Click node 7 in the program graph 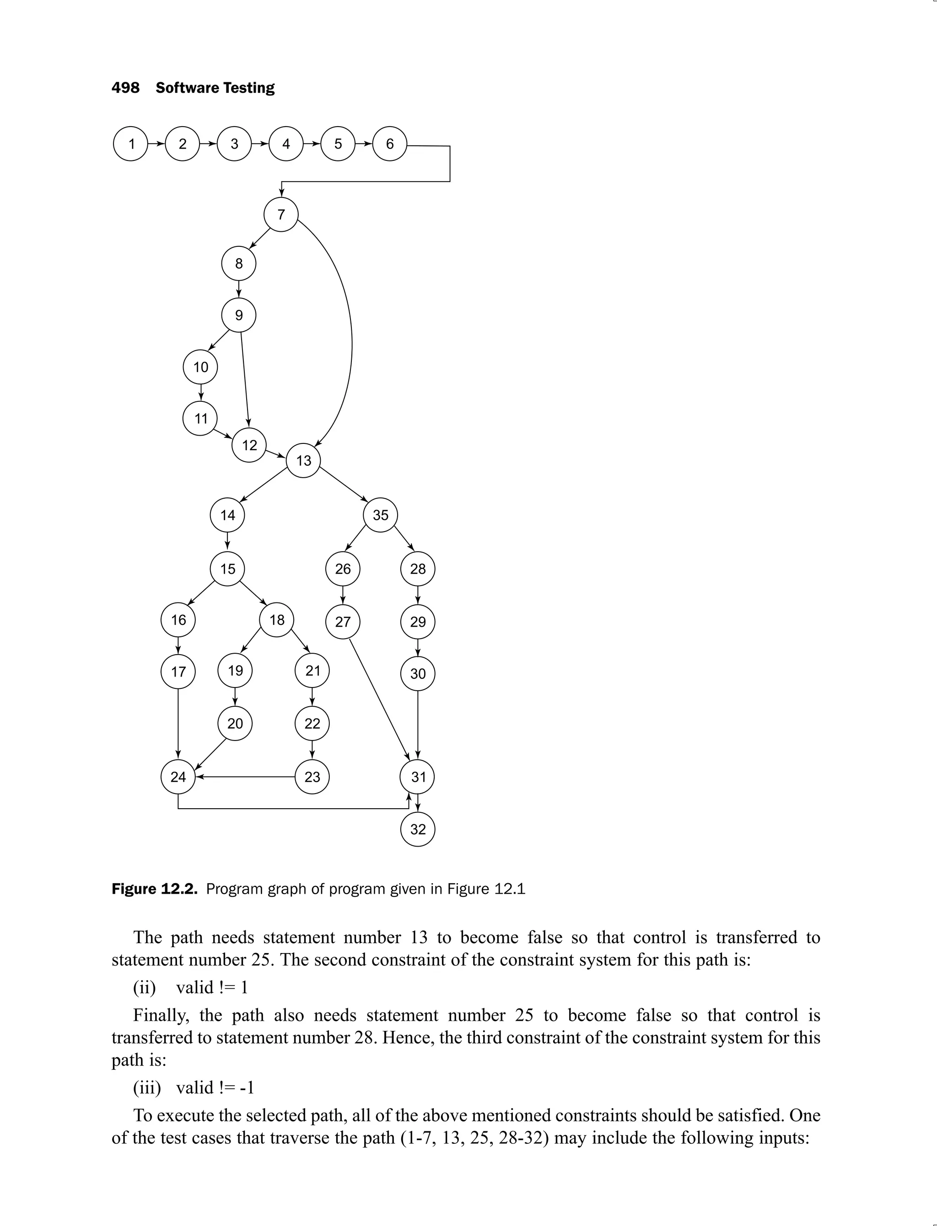coord(281,214)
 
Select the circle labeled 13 coord(303,460)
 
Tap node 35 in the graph coord(380,515)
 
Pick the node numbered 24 coord(178,777)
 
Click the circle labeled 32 coord(418,829)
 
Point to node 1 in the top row coord(131,144)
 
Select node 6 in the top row coord(390,144)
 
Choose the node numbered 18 coord(277,620)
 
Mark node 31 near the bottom coord(418,777)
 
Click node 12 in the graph coord(249,445)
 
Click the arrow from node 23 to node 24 coord(245,777)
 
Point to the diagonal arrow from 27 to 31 coord(379,699)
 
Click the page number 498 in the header coord(125,88)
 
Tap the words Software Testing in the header coord(215,88)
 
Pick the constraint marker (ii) coord(145,987)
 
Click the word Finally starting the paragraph coord(161,1015)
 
